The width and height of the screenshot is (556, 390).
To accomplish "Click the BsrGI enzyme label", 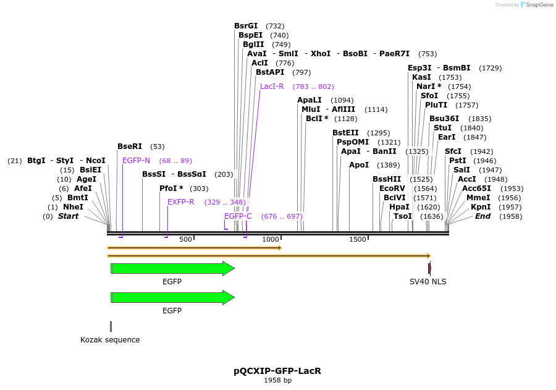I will [x=246, y=26].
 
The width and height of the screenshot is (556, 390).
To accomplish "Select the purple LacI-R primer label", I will [x=272, y=87].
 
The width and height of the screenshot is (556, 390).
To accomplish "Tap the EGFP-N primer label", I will [x=136, y=161].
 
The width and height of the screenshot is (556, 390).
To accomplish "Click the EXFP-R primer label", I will [x=181, y=202].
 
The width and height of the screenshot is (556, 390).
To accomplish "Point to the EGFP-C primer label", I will [x=238, y=216].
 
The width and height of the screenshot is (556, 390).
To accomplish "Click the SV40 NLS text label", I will [x=428, y=282].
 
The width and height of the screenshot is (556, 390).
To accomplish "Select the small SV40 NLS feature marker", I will [x=429, y=268].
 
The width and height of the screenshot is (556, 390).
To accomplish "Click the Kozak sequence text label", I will [x=110, y=340].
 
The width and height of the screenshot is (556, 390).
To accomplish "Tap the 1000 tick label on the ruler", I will [x=271, y=239].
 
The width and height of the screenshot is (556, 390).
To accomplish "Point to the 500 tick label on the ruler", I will [x=185, y=239].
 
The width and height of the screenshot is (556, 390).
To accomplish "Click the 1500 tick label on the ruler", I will [x=358, y=239].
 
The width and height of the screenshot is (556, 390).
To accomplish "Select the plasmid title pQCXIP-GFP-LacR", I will [x=277, y=371].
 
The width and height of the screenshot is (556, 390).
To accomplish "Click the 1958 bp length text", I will [x=277, y=381].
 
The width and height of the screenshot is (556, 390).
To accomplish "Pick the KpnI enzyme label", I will [x=481, y=207].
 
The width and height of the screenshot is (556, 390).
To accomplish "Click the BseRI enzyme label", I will [x=130, y=146].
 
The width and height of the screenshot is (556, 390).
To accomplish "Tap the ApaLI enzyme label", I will [x=310, y=100].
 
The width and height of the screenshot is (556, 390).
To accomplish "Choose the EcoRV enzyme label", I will [x=392, y=189].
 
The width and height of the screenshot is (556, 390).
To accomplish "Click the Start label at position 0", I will [x=68, y=216].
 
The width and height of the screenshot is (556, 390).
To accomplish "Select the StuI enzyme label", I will [x=443, y=128].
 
